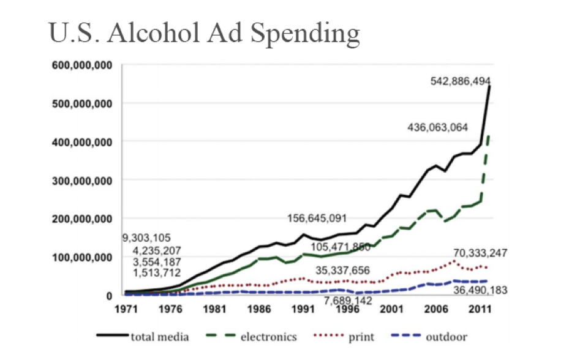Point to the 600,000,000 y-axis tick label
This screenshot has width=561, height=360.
pos(78,64)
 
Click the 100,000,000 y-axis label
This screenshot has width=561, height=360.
pos(78,257)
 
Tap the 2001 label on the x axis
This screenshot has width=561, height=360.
pos(392,308)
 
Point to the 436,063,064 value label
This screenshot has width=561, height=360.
pos(437,128)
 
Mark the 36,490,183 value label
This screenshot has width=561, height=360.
pos(480,290)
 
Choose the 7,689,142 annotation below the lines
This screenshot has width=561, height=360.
pos(348,301)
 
